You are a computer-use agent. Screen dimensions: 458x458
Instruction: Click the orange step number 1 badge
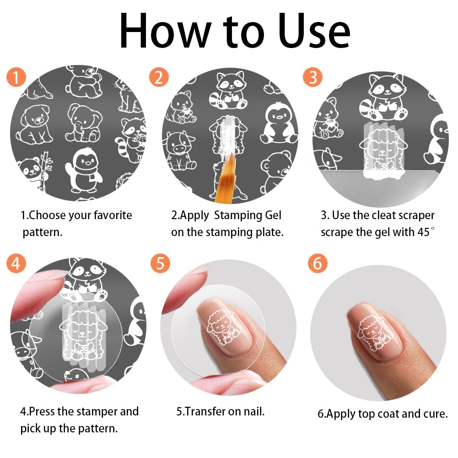tap(16, 77)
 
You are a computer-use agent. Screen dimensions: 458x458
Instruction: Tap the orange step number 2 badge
tap(159, 77)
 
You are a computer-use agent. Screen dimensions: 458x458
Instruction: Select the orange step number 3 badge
tap(313, 77)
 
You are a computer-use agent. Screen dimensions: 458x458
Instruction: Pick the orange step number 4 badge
tap(16, 263)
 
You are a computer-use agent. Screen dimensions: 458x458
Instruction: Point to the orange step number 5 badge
tap(160, 263)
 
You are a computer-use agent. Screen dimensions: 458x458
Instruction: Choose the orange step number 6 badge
tap(318, 263)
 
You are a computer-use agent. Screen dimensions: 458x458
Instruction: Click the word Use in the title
tap(314, 31)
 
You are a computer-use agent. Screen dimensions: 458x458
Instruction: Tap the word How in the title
tap(166, 31)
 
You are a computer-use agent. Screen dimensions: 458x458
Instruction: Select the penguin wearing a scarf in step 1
tap(84, 171)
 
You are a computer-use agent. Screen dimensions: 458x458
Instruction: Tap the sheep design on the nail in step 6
tap(375, 333)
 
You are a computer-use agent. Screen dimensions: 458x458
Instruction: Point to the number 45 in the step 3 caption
tap(423, 232)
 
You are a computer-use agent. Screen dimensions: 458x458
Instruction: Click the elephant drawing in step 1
tap(84, 123)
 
